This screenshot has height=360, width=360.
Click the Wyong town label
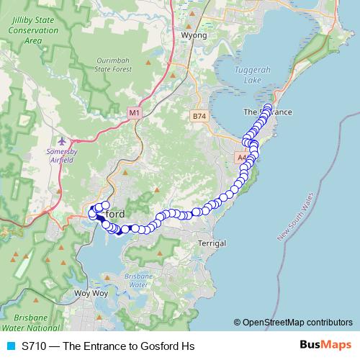tap(194, 35)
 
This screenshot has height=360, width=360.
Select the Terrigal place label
tap(212, 243)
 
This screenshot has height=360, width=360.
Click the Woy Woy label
tap(91, 294)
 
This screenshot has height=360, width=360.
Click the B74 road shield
tap(199, 115)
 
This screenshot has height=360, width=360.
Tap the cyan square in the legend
tap(9, 346)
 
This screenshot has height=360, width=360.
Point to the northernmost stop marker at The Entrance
tap(268, 108)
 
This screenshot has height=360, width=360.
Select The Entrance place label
tap(267, 112)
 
